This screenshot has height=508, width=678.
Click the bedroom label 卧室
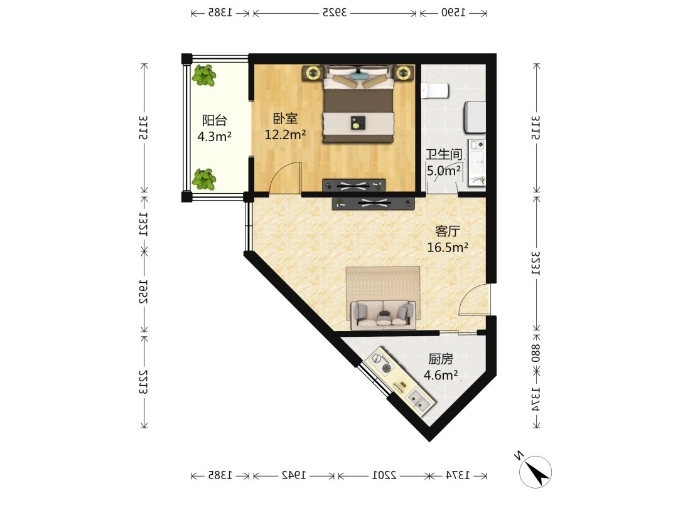(285, 118)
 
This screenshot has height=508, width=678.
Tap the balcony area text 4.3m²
(215, 137)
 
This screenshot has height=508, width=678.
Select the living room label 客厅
(448, 231)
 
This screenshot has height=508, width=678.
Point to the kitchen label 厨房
(441, 359)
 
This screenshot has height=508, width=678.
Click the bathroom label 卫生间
(444, 155)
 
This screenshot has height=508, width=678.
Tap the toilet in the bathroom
(435, 91)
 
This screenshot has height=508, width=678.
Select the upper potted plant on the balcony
(203, 75)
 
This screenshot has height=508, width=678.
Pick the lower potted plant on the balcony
(203, 179)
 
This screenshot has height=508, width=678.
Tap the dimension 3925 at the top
(335, 13)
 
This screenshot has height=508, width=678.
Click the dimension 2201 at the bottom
(384, 475)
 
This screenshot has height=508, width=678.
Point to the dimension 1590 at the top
(453, 13)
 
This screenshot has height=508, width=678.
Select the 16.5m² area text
(448, 248)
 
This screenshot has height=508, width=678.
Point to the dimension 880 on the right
(536, 352)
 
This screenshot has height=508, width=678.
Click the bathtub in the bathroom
(475, 117)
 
